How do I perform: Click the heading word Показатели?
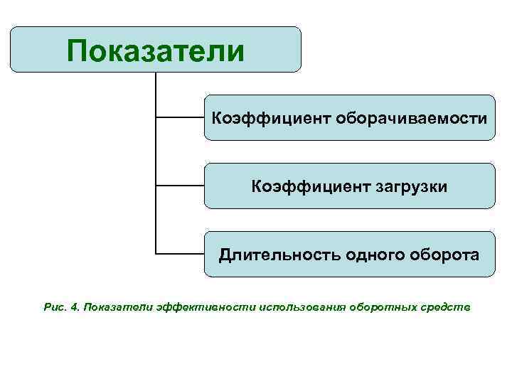(156, 50)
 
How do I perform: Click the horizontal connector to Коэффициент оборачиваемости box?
(179, 117)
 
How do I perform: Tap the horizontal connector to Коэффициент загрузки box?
(179, 186)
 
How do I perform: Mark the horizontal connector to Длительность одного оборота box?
(179, 253)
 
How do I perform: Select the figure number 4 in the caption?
(75, 306)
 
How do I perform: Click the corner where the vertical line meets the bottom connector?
(155, 253)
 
